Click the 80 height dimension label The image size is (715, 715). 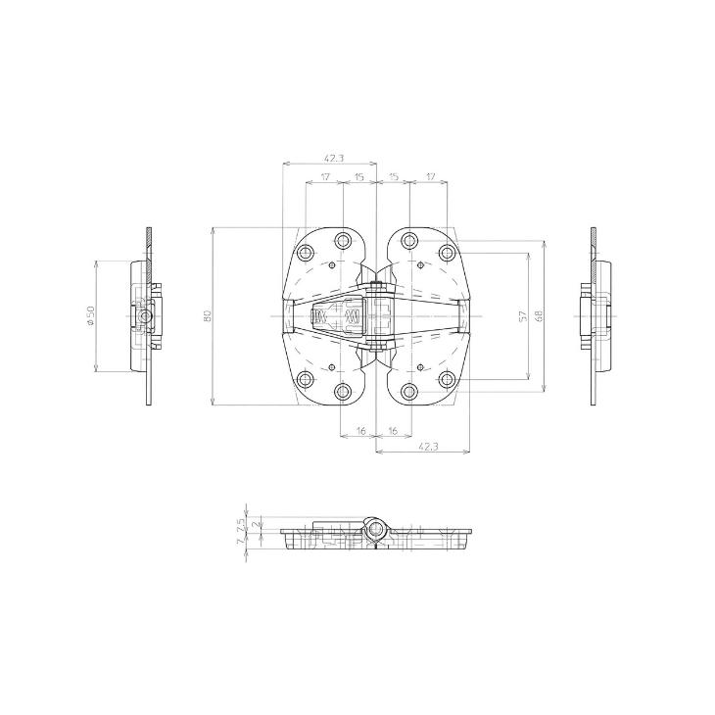coord(208,315)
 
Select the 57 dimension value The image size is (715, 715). coord(523,315)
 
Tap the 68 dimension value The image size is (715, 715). coord(538,315)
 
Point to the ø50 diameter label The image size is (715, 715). coord(90,315)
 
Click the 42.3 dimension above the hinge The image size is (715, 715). coord(334,158)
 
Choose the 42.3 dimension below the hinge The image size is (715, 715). coord(428,447)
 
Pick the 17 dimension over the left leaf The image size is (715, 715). coord(324,176)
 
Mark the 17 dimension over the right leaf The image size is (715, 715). coord(430,176)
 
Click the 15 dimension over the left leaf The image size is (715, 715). coord(359,176)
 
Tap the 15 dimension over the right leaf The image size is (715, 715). coord(394,176)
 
